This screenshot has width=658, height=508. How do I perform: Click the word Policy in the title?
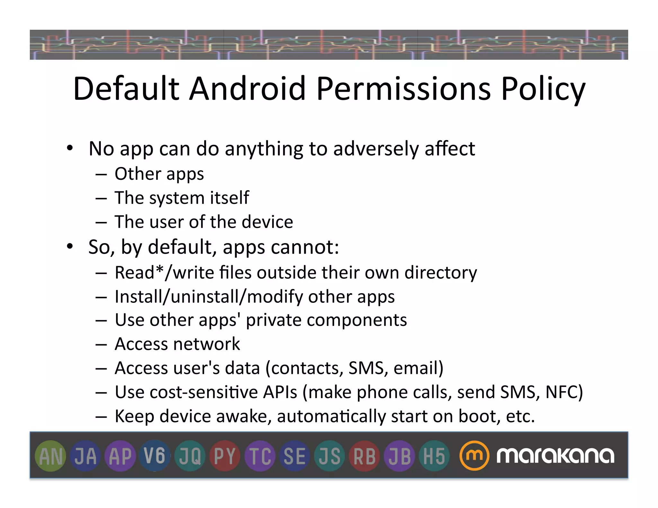tap(543, 89)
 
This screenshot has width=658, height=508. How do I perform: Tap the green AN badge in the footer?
tap(51, 456)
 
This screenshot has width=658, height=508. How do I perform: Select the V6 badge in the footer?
tap(155, 456)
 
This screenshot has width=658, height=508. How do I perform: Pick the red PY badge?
tap(225, 456)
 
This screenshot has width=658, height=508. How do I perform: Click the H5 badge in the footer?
tap(434, 456)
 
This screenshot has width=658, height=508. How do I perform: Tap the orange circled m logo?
tap(474, 455)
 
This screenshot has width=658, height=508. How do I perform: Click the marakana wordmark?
tap(555, 455)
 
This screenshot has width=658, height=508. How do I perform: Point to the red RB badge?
tap(364, 456)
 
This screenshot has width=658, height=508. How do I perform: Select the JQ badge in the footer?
tap(190, 456)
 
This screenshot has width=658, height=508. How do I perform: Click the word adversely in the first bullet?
tap(376, 149)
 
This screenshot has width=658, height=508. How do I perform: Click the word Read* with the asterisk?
tap(139, 273)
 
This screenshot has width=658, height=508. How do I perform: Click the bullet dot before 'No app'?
tap(70, 149)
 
